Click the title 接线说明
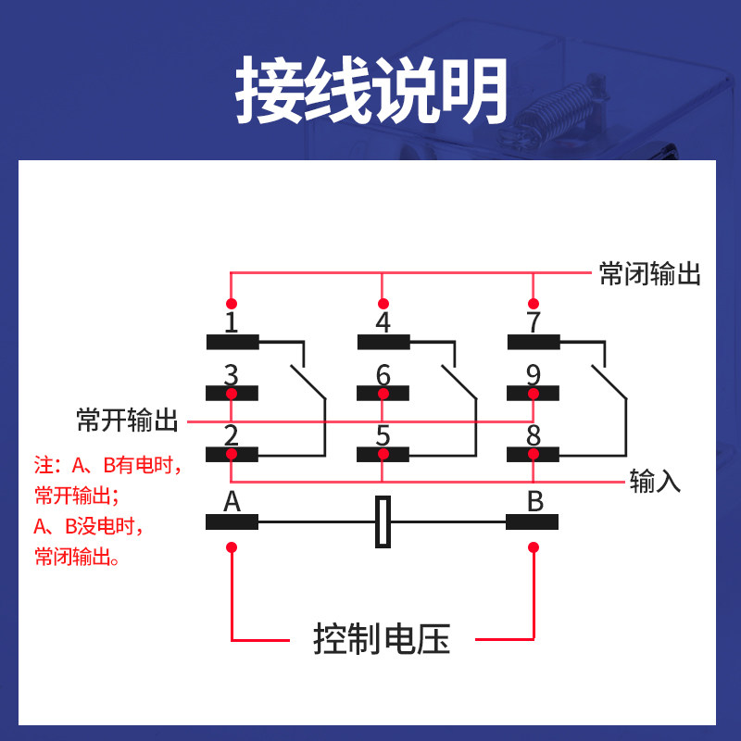click(370, 91)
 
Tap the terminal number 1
click(232, 323)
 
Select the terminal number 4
click(383, 323)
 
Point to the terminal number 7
click(533, 323)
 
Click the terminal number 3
click(232, 375)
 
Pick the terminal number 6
click(383, 375)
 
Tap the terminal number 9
click(533, 375)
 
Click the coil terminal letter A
click(232, 502)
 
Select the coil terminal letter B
click(535, 502)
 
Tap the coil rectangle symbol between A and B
click(383, 522)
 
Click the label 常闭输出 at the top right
click(649, 274)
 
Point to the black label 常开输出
click(127, 421)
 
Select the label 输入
click(655, 481)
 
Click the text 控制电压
click(382, 639)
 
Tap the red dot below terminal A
click(232, 548)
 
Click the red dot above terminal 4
click(383, 303)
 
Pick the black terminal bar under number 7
click(533, 343)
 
